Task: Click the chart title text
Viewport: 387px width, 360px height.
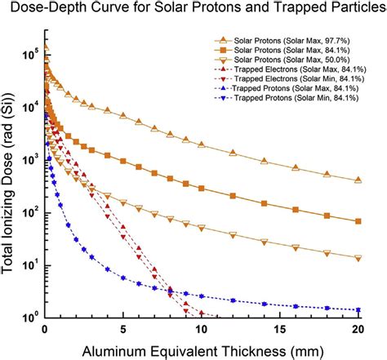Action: tap(193, 9)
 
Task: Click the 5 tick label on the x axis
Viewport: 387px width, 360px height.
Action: tap(123, 329)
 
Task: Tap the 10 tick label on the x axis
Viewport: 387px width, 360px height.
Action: tap(202, 329)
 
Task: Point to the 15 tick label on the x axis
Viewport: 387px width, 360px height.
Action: tap(280, 329)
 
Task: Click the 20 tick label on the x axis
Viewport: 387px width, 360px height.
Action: tap(358, 329)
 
